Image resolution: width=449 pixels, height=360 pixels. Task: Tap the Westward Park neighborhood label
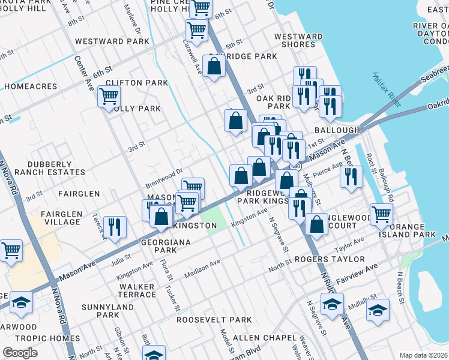point(112,42)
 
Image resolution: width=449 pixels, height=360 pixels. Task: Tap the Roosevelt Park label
point(214,320)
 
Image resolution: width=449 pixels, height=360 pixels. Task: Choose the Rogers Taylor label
point(330,259)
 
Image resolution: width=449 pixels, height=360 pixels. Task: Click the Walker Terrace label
point(137,290)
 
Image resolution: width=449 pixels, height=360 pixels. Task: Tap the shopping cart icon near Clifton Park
point(109,96)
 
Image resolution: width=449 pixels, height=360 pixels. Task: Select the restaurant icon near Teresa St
point(115,227)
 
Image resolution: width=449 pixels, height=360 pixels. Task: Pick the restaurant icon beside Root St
point(351,176)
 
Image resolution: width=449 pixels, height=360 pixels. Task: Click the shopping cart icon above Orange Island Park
point(381,214)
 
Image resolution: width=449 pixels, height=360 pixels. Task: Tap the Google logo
point(20,353)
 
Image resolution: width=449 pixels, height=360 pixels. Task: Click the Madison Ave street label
point(202,268)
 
